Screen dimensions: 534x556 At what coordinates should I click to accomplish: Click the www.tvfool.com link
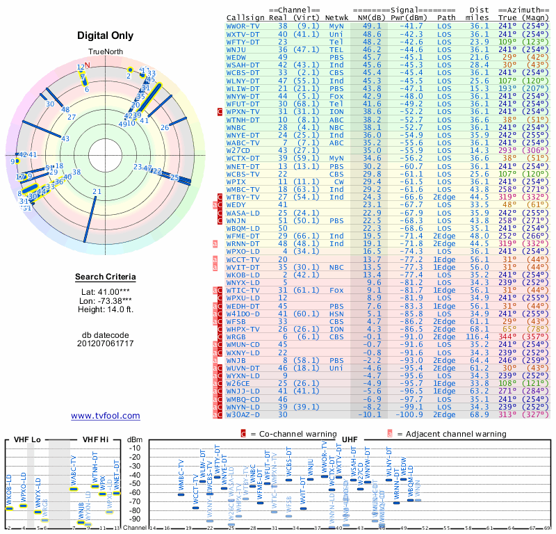[106, 416]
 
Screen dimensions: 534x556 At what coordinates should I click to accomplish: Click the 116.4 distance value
[479, 336]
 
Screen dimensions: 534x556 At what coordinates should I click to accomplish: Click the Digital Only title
[105, 35]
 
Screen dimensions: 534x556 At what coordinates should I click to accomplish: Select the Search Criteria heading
[106, 277]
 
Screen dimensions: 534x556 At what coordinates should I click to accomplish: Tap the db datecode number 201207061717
[106, 343]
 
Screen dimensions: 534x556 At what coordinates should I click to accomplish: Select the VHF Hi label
[95, 440]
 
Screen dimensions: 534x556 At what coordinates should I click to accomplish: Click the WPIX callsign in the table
[236, 181]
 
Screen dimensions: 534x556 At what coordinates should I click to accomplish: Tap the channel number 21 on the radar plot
[97, 192]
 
